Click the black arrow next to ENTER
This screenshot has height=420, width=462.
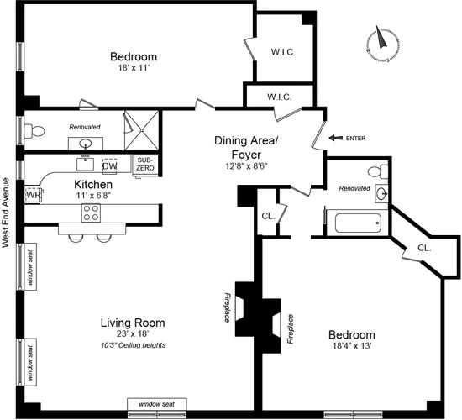[x=335, y=137]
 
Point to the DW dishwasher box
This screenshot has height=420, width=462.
[x=110, y=165]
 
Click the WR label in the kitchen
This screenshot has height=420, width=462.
[x=33, y=195]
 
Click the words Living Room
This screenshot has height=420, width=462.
[x=132, y=323]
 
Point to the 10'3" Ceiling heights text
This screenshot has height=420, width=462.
[x=132, y=345]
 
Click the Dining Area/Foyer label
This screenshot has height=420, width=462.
[x=249, y=148]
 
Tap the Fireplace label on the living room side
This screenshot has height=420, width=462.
[x=226, y=308]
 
